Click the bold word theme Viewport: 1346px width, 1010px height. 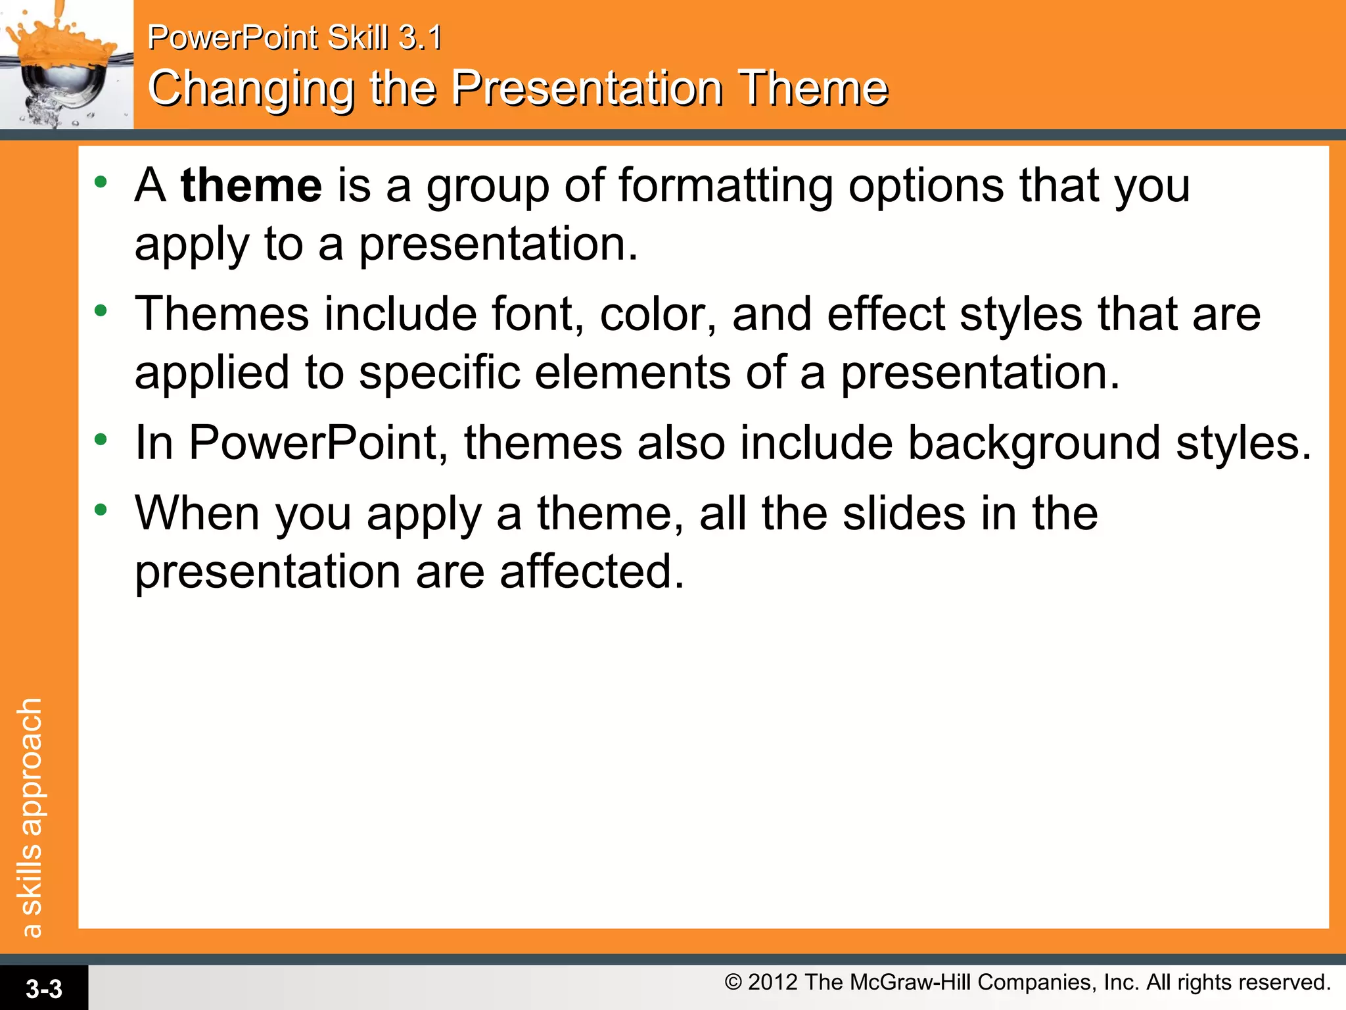[251, 186]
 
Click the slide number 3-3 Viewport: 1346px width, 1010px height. [43, 988]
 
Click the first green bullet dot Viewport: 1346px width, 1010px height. [100, 182]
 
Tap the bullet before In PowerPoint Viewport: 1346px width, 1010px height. [100, 439]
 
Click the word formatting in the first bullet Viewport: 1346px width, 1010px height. [725, 186]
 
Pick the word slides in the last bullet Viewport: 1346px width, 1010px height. [904, 514]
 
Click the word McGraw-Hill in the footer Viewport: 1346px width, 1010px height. [910, 982]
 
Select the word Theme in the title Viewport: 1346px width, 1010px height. [813, 89]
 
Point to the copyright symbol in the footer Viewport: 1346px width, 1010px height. [733, 982]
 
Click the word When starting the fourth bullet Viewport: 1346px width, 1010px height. [197, 514]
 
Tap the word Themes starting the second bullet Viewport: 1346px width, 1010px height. [221, 314]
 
